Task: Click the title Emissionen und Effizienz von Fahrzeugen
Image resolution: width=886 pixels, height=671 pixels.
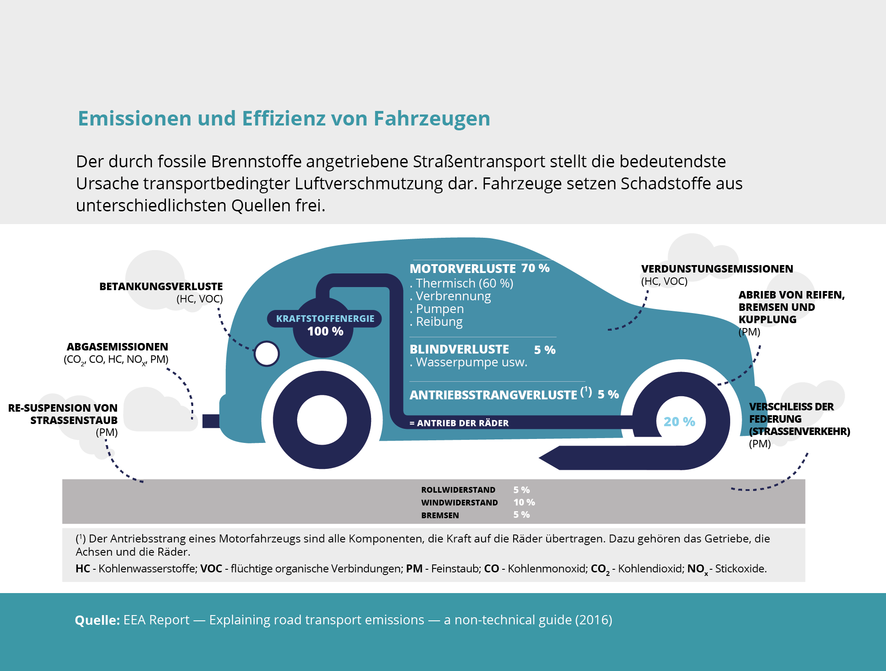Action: click(284, 118)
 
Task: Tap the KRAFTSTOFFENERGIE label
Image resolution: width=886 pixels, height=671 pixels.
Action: click(325, 318)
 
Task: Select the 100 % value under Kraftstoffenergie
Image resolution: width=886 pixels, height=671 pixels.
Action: click(325, 332)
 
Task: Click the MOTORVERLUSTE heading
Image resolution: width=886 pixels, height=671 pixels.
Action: click(462, 269)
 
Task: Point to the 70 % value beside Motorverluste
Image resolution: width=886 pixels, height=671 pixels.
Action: click(535, 268)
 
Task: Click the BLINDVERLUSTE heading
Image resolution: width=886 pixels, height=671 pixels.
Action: click(459, 350)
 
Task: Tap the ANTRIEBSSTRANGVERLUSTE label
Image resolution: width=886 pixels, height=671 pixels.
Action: click(493, 395)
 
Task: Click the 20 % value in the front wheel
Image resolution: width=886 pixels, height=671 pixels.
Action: click(679, 422)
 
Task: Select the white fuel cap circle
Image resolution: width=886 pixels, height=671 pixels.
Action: click(267, 354)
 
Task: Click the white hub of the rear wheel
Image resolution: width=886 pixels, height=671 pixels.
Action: click(322, 420)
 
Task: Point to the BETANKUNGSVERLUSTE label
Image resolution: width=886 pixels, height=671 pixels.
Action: click(161, 287)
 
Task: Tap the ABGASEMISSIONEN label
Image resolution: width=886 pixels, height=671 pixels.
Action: click(117, 347)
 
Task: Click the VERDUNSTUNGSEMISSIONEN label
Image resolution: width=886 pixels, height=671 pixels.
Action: click(717, 269)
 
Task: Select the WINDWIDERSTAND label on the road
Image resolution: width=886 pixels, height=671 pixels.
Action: click(459, 503)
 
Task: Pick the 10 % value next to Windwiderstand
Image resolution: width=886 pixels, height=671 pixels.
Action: click(524, 502)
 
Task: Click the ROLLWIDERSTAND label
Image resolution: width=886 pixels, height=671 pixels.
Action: click(458, 490)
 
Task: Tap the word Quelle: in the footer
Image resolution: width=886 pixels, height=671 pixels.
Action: click(97, 620)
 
